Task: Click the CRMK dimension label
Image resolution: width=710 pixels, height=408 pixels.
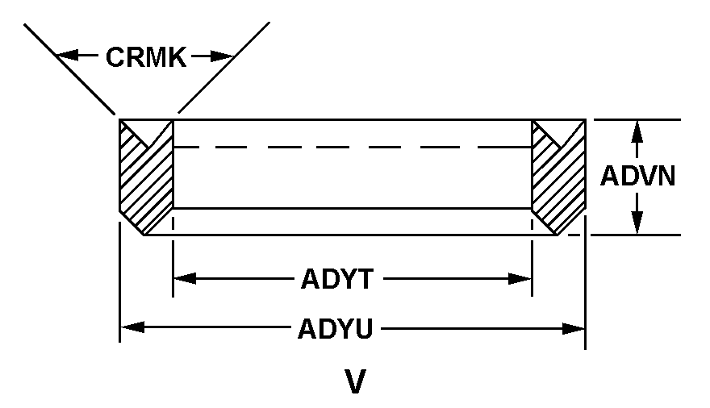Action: click(x=146, y=57)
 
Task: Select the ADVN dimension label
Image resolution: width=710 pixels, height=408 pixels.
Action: click(x=637, y=176)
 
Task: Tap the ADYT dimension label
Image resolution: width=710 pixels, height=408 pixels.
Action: click(x=337, y=279)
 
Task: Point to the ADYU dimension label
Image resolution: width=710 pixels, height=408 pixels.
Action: click(x=335, y=328)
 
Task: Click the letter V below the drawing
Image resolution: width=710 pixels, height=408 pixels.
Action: click(x=355, y=382)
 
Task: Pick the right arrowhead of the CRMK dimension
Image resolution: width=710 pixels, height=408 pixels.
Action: click(x=223, y=56)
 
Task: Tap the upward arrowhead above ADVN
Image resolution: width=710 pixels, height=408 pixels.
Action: click(x=637, y=131)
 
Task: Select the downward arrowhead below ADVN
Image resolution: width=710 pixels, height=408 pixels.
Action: click(x=637, y=223)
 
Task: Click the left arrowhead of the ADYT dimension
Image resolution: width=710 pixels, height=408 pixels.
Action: click(x=185, y=279)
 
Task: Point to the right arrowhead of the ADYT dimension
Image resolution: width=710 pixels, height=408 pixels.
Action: click(x=520, y=279)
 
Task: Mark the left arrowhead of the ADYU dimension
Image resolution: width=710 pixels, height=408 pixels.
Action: click(x=132, y=327)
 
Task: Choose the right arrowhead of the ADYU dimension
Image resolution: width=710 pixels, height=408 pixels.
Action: click(x=574, y=329)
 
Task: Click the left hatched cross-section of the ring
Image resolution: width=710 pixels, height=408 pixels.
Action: click(x=146, y=177)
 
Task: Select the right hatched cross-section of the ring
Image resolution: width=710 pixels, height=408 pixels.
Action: click(x=559, y=177)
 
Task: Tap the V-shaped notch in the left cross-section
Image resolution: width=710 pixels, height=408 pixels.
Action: click(x=147, y=133)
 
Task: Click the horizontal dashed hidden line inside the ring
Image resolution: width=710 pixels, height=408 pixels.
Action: click(x=353, y=147)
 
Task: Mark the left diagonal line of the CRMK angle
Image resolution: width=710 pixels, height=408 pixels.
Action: click(x=69, y=69)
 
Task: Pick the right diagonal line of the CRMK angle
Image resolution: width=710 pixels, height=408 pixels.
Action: click(x=224, y=68)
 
